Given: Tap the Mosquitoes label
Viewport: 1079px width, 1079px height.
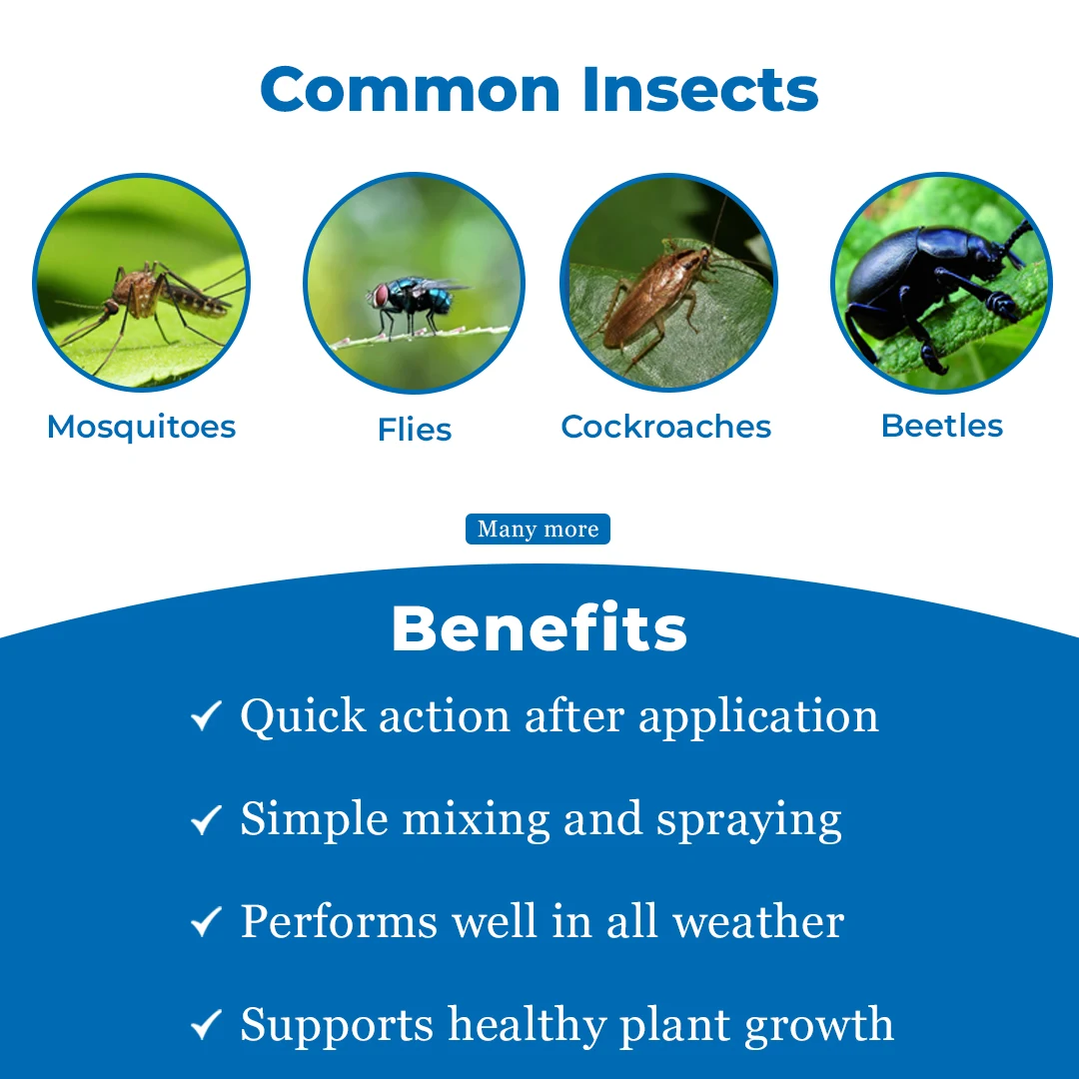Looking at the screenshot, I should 142,427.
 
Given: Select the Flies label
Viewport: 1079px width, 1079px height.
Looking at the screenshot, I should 415,430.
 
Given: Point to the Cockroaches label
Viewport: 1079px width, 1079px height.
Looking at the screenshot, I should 666,427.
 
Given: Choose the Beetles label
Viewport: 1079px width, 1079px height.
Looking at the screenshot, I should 942,426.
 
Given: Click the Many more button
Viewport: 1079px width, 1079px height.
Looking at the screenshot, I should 538,530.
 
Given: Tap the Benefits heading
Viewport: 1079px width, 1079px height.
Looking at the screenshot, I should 539,629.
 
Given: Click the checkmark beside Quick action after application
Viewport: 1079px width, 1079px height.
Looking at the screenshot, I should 206,715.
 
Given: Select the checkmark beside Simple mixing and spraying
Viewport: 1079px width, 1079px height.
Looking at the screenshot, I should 206,820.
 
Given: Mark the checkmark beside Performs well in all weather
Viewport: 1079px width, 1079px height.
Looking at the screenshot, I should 206,922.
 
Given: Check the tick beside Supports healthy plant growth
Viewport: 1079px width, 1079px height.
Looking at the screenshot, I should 206,1025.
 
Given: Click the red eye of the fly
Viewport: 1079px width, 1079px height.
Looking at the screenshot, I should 382,295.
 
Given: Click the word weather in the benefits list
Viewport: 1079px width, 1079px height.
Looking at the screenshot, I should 758,921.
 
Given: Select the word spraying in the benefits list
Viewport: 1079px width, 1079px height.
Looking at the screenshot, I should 748,820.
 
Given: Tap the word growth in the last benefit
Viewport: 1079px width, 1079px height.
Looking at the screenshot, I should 824,1025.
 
